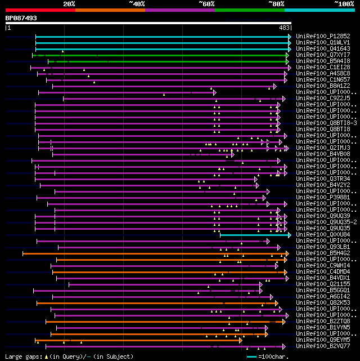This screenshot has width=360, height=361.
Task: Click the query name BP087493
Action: tap(21, 18)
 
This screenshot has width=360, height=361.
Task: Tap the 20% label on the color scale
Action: tap(69, 4)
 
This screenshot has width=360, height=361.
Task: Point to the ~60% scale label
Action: tap(206, 4)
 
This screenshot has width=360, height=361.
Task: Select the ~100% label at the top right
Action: tap(344, 4)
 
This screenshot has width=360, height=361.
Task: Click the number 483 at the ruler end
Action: tap(284, 28)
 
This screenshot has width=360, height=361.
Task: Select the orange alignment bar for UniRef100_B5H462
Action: tap(152, 253)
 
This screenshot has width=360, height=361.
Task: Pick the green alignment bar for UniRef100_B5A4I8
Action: tap(169, 61)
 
